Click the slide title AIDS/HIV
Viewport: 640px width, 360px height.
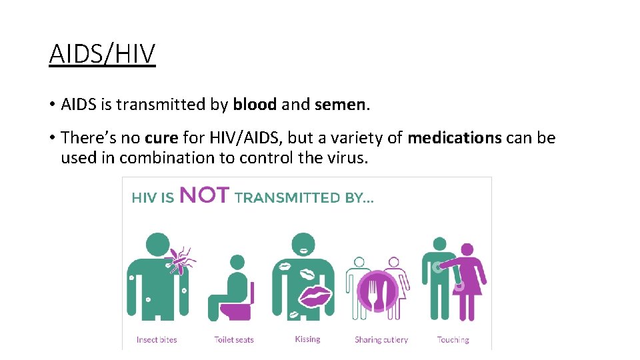pos(102,53)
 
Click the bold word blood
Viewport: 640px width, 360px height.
pos(255,105)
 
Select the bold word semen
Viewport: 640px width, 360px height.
pos(340,105)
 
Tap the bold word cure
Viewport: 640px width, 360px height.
pos(161,138)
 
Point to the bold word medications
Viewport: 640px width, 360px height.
pos(455,138)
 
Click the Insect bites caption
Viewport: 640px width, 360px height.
pos(157,339)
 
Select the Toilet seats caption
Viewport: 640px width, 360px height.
pos(234,339)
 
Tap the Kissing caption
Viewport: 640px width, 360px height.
pos(307,339)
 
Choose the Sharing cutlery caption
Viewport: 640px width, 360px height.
pos(381,339)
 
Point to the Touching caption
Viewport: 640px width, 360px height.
pos(453,339)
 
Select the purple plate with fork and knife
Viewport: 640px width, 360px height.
pos(377,291)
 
